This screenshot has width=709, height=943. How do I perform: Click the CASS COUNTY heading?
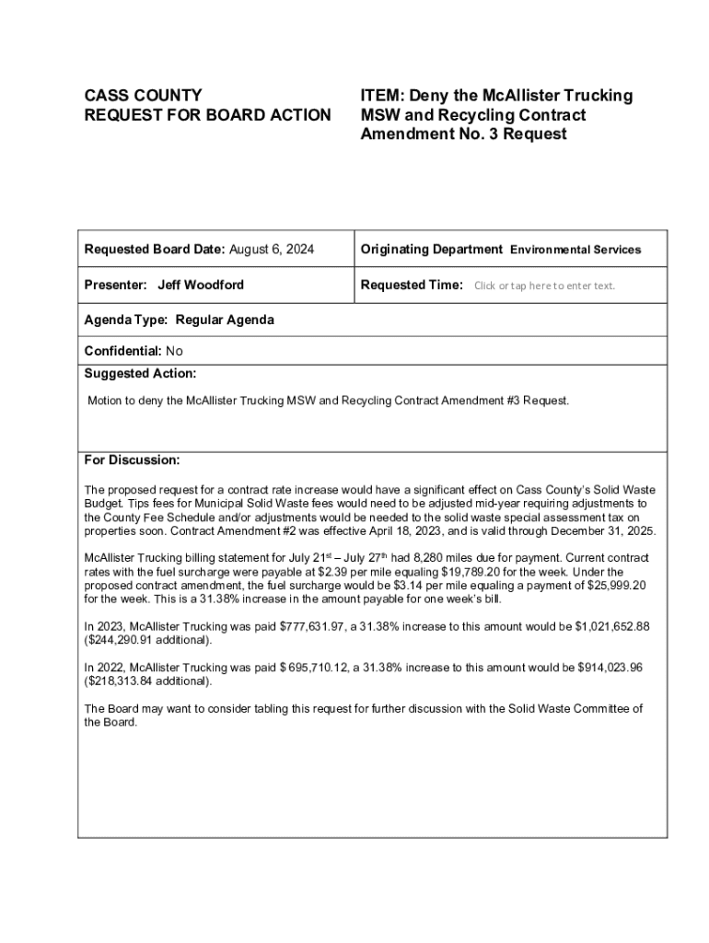tap(143, 96)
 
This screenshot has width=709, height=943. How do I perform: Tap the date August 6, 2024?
tap(272, 250)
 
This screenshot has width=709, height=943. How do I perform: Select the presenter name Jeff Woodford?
tap(201, 285)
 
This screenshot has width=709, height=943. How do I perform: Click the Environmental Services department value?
tap(575, 250)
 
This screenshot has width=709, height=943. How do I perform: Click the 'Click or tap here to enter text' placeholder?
tap(544, 285)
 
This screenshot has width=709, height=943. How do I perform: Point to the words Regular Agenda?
tap(225, 320)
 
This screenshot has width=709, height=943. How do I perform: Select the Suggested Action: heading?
tap(140, 374)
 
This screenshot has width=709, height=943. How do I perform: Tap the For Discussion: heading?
tap(132, 460)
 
